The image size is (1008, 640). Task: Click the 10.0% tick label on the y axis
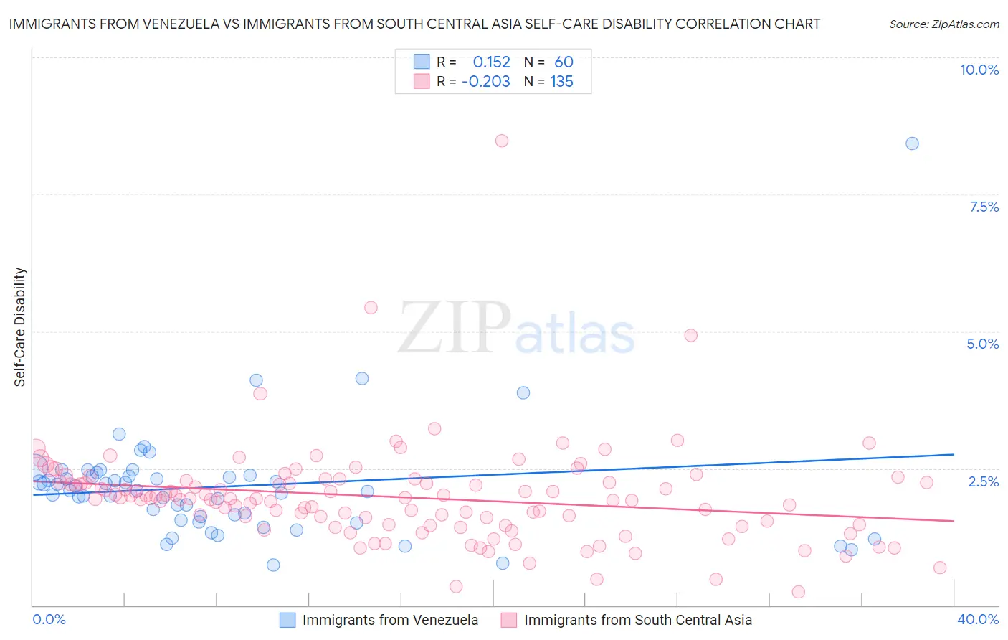pyautogui.click(x=979, y=70)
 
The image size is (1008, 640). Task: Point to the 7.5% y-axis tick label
pyautogui.click(x=984, y=207)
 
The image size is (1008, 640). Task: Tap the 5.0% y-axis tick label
pyautogui.click(x=982, y=344)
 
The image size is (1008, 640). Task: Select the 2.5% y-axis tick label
pyautogui.click(x=983, y=481)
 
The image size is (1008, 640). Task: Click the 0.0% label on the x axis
pyautogui.click(x=49, y=619)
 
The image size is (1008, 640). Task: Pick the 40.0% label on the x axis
pyautogui.click(x=977, y=619)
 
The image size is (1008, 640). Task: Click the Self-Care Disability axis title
pyautogui.click(x=20, y=327)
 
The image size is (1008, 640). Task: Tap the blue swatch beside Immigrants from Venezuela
pyautogui.click(x=287, y=620)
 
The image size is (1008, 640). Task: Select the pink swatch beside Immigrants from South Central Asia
pyautogui.click(x=509, y=620)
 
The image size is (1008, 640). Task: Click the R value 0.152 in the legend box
pyautogui.click(x=491, y=62)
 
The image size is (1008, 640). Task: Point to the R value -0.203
pyautogui.click(x=486, y=82)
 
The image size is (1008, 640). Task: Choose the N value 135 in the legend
pyautogui.click(x=561, y=82)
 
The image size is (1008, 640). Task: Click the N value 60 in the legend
pyautogui.click(x=564, y=62)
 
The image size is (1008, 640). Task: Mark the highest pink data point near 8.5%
pyautogui.click(x=502, y=141)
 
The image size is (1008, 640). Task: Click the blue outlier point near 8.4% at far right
pyautogui.click(x=912, y=143)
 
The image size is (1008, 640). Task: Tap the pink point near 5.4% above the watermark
pyautogui.click(x=371, y=308)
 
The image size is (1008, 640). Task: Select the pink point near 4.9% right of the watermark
pyautogui.click(x=691, y=335)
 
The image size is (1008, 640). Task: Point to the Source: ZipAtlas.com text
pyautogui.click(x=943, y=24)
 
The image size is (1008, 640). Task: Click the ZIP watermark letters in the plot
pyautogui.click(x=454, y=328)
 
